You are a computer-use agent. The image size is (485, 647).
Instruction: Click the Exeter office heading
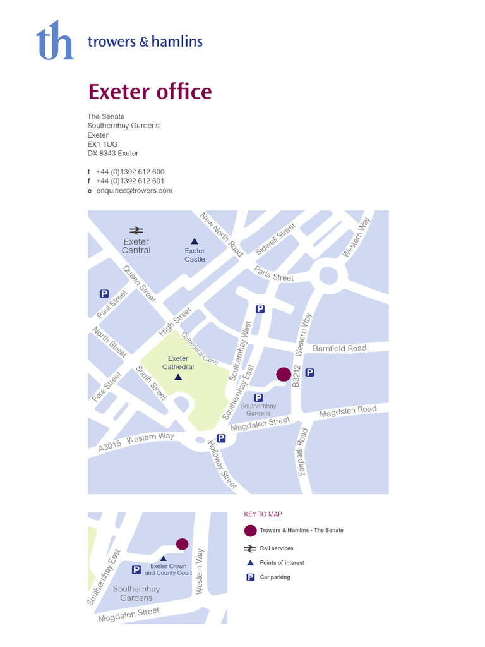point(150,92)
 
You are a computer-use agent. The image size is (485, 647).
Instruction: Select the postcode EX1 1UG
point(102,144)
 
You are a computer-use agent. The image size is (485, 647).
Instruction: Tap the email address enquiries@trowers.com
point(134,190)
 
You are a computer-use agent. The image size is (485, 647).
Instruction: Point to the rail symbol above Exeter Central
point(136,230)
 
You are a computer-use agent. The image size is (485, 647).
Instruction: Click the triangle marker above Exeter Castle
point(195,241)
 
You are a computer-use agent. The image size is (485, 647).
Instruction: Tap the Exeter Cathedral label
point(177,363)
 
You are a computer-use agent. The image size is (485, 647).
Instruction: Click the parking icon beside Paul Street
point(104,293)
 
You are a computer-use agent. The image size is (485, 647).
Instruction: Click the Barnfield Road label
point(339,348)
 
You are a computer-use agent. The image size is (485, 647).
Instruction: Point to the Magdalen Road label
point(348,412)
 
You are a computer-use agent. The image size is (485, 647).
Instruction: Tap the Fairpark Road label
point(303,451)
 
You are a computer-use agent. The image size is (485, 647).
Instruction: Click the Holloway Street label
point(222,464)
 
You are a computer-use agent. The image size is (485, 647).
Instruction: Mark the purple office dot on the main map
point(284,374)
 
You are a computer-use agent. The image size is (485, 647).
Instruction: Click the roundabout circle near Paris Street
point(328,275)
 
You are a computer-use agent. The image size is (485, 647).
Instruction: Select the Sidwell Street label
point(276,239)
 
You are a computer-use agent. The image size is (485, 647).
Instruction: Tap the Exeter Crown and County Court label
point(168,569)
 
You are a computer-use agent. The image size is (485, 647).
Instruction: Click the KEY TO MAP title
point(263,514)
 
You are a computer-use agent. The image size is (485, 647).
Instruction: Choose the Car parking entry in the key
point(275,577)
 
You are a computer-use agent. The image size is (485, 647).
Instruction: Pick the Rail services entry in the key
point(276,548)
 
